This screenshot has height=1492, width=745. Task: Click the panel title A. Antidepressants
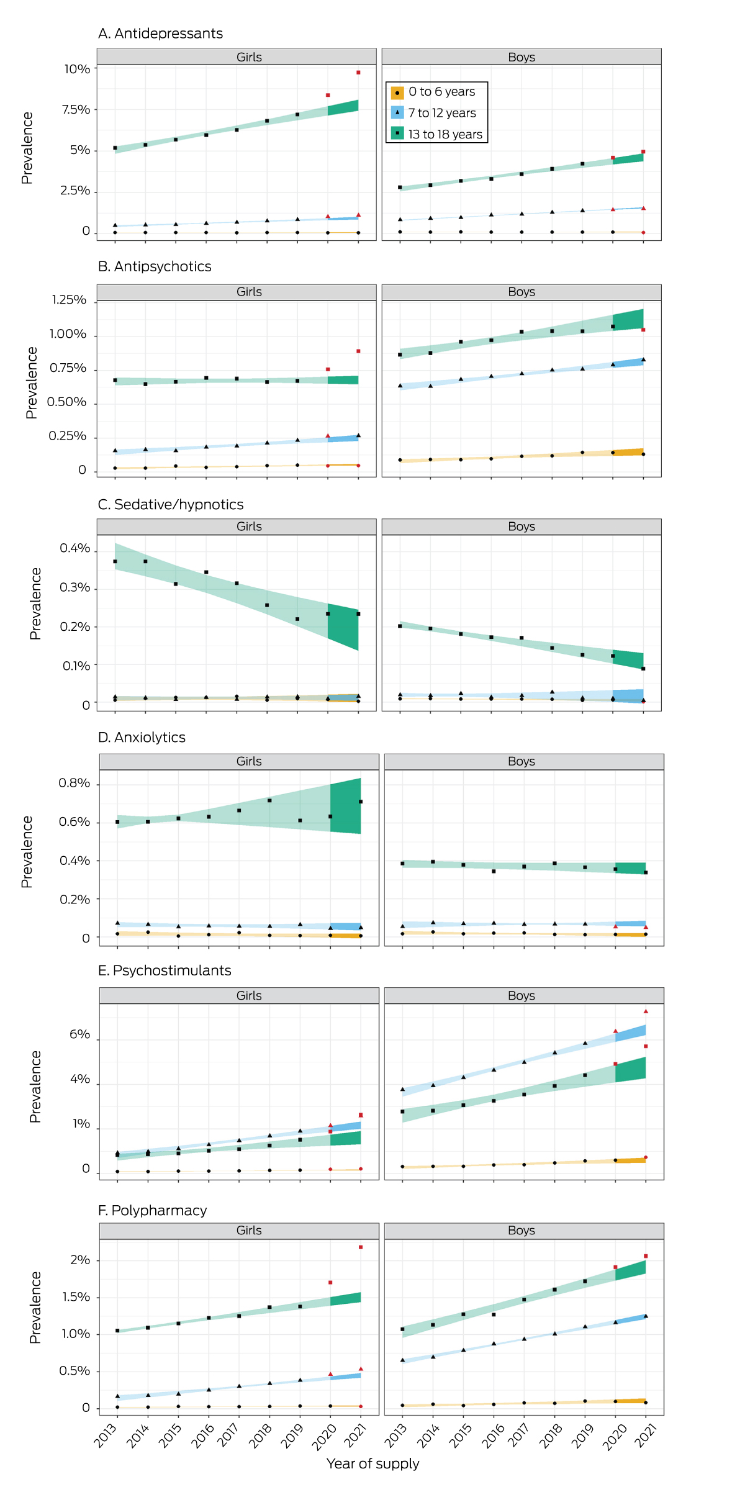coord(160,34)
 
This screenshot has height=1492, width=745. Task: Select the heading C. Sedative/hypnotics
coord(170,505)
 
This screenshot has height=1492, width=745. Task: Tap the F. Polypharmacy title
coord(152,1210)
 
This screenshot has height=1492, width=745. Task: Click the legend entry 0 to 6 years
coord(441,92)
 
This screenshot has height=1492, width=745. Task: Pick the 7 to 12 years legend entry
coord(441,113)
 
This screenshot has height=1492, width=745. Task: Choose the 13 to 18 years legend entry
coord(445,134)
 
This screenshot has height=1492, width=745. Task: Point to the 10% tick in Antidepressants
coord(77,69)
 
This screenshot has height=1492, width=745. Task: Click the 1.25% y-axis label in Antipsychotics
coord(69,301)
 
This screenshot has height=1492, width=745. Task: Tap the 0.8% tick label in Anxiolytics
coord(74,783)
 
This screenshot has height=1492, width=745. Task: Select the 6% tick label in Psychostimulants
coord(79,1034)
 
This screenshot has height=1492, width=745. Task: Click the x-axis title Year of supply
coord(372,1463)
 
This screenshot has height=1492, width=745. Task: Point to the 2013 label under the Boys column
coord(395,1435)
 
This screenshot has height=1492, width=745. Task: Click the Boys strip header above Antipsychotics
coord(521,292)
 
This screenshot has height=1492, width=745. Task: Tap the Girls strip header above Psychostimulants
coord(249,995)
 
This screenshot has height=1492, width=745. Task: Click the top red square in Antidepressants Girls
coord(358,73)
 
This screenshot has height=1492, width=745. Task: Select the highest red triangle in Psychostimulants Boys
coord(646,1011)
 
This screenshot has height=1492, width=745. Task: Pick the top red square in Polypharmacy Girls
coord(361,1247)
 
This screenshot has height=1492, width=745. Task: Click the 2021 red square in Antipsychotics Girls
coord(358,351)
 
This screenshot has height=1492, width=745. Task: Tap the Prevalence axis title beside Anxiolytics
coord(27,851)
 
